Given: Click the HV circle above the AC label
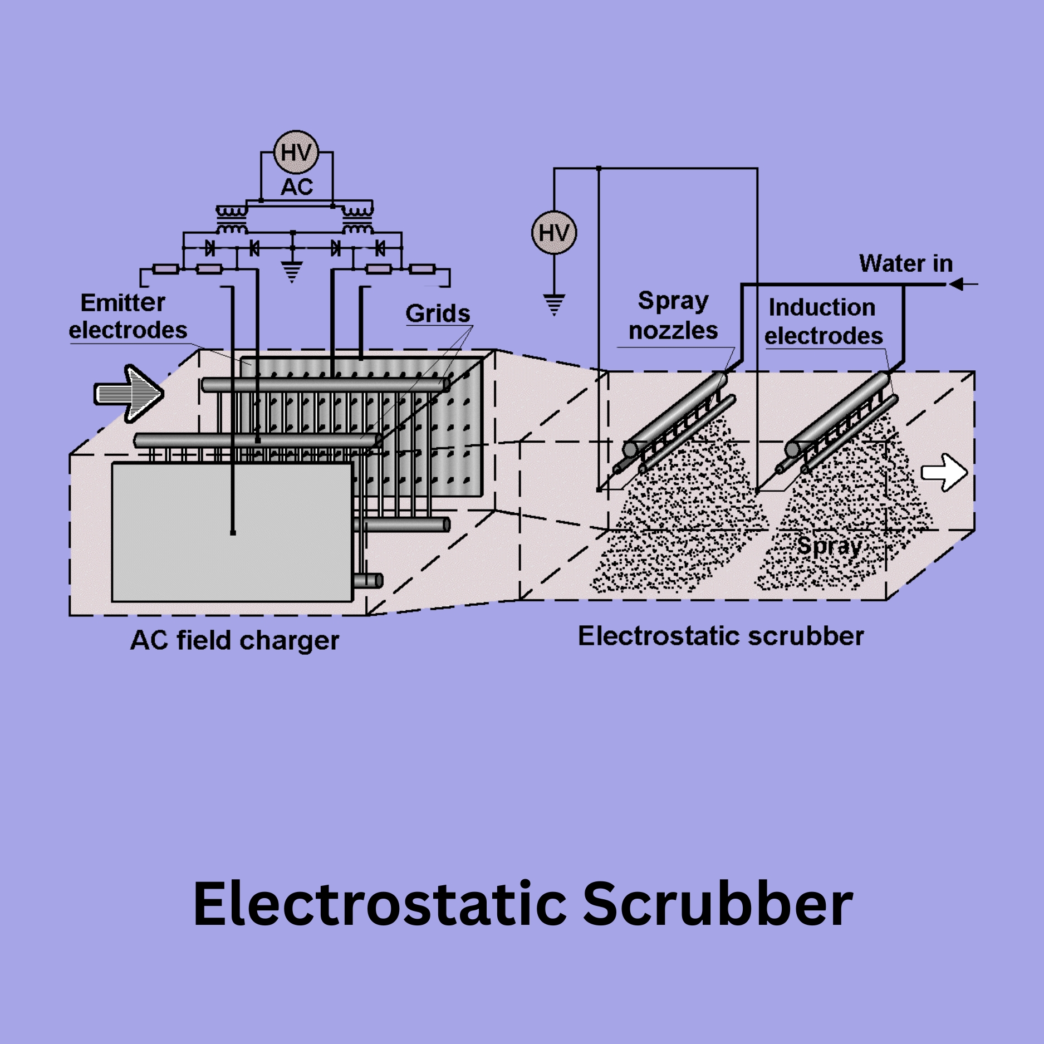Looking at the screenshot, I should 296,152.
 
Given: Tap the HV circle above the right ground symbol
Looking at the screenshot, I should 554,233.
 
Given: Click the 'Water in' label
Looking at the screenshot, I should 906,263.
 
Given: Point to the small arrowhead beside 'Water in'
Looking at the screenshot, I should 958,285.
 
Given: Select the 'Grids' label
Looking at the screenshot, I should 438,313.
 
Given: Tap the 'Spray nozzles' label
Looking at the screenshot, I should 673,316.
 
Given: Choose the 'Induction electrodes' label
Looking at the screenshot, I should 823,322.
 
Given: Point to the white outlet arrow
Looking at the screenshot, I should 944,472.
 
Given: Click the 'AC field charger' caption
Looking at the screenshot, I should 234,640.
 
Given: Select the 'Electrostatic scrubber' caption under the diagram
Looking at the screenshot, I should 720,636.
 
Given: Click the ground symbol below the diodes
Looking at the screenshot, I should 292,271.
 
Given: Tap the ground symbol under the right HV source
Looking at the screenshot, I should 554,304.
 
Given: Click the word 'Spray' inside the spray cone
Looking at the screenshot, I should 829,546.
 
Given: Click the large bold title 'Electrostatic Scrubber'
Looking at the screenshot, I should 522,904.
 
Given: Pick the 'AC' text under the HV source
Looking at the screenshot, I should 297,187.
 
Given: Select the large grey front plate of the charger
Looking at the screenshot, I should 232,532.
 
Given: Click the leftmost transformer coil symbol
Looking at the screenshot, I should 232,220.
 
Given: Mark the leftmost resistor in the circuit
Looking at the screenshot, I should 165,269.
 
